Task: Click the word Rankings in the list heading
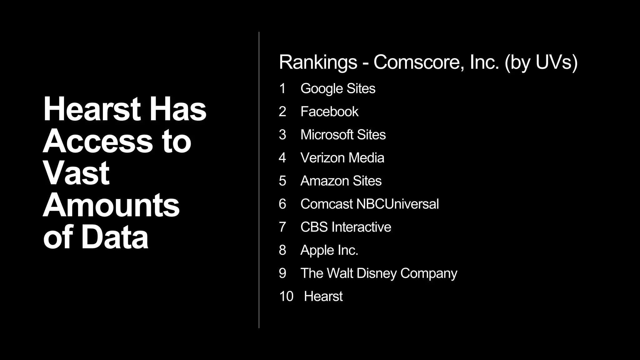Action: (x=318, y=62)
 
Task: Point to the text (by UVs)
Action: (x=541, y=62)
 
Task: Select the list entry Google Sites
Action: (x=338, y=88)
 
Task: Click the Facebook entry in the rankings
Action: (x=329, y=112)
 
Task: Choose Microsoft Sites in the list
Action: (x=343, y=135)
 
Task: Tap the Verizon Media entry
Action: (x=342, y=158)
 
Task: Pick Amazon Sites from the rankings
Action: (x=341, y=181)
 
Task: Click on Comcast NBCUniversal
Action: (x=369, y=204)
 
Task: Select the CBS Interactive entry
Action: (x=346, y=227)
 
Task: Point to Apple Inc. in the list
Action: (x=329, y=250)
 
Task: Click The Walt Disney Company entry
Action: (x=379, y=273)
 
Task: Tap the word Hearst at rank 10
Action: (x=323, y=296)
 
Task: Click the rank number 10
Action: (x=286, y=296)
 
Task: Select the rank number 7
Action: (x=282, y=227)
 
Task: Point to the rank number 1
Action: (x=282, y=88)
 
